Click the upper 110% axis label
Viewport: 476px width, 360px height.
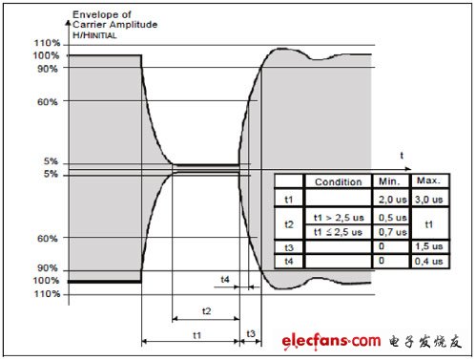tap(47, 43)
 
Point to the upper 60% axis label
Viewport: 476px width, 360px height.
tap(48, 102)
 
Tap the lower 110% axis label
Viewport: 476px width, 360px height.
tap(47, 293)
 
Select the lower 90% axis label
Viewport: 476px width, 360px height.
tap(48, 268)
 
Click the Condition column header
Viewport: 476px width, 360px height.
tap(339, 181)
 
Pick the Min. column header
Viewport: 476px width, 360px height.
tap(389, 181)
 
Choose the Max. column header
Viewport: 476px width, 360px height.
tap(429, 180)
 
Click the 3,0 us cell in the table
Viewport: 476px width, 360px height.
tap(429, 200)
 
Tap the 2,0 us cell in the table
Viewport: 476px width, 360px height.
tap(393, 200)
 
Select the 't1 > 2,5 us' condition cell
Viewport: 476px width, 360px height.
tap(339, 218)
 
